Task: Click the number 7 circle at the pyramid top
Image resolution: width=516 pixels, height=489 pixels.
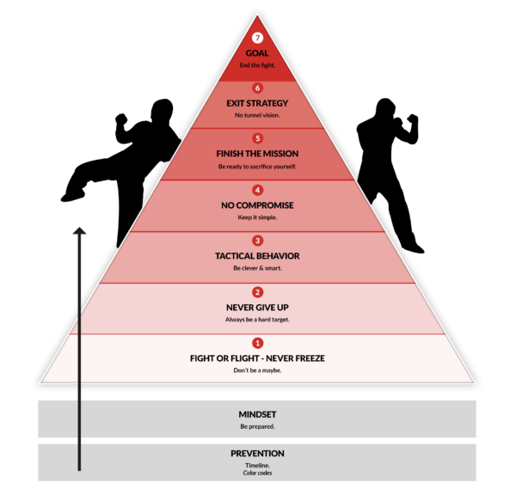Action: click(257, 38)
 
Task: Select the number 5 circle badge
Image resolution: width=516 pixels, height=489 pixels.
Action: click(257, 138)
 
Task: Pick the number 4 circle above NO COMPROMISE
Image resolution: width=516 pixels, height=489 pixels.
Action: click(257, 190)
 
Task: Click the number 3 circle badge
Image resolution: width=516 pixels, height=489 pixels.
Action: click(257, 241)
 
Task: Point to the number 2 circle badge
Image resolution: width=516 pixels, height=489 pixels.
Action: click(257, 292)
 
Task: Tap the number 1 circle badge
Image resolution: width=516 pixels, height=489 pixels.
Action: click(257, 343)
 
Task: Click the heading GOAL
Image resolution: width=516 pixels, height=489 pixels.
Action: click(257, 52)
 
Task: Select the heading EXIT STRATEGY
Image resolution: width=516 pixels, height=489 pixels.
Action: click(257, 103)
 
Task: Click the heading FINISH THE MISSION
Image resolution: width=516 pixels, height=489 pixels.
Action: click(257, 154)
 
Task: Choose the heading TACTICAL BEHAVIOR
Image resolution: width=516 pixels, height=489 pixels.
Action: click(257, 256)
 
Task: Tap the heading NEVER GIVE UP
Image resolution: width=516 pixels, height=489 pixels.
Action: click(257, 307)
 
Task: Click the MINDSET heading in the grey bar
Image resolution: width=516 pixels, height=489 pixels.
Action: click(257, 414)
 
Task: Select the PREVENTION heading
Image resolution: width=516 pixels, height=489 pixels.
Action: click(257, 453)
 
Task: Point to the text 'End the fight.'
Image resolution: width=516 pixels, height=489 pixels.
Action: click(257, 64)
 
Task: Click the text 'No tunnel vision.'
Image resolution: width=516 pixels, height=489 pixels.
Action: click(257, 115)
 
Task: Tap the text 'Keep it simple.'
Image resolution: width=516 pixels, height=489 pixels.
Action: click(257, 217)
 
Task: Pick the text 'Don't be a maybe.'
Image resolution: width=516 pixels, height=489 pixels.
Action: click(257, 370)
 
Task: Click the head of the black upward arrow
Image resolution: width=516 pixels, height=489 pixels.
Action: click(79, 230)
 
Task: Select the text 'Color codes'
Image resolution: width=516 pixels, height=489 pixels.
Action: click(257, 473)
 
